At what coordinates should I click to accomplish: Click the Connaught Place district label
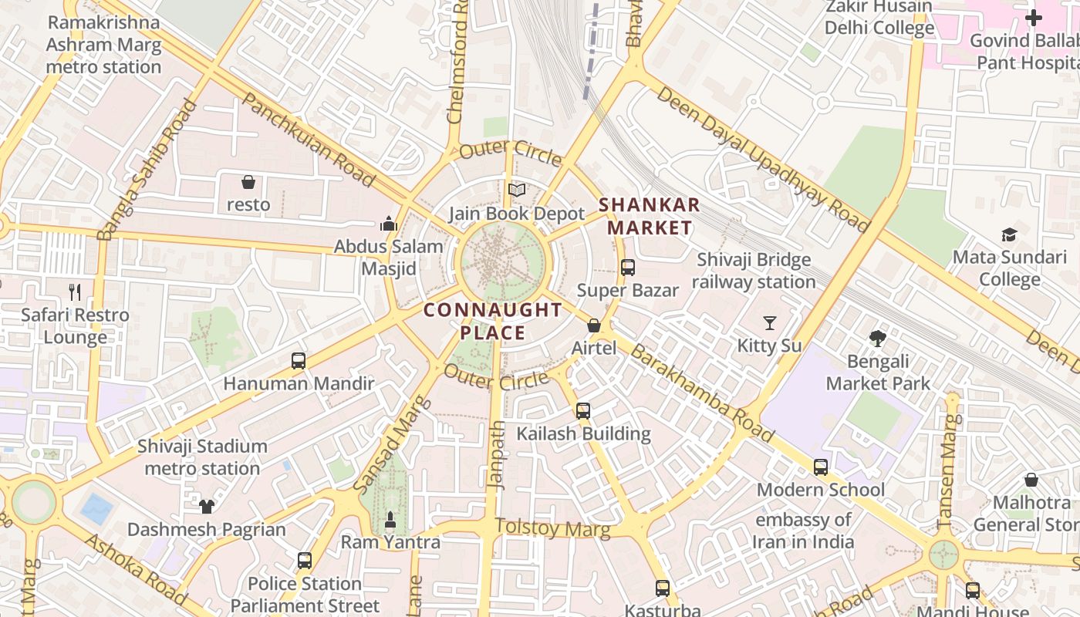(x=493, y=322)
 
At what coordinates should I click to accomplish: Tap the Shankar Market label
(x=649, y=216)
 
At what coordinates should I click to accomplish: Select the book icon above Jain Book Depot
(x=516, y=190)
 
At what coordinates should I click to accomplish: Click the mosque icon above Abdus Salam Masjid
(x=389, y=224)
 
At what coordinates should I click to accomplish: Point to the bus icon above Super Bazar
(x=628, y=268)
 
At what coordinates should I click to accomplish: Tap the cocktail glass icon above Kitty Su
(x=769, y=322)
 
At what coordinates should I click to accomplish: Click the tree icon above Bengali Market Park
(x=877, y=338)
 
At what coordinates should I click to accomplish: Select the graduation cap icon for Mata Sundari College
(x=1008, y=234)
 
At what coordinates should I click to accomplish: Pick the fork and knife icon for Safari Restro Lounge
(x=75, y=292)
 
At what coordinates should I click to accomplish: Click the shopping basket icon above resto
(x=248, y=182)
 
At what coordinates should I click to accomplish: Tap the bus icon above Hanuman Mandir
(x=299, y=360)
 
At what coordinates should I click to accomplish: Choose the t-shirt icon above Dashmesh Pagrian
(x=206, y=506)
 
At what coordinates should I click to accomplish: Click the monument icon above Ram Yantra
(x=390, y=520)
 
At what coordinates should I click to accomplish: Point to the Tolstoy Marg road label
(x=552, y=528)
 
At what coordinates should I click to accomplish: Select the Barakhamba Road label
(x=701, y=393)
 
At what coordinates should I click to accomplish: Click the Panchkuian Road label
(x=309, y=140)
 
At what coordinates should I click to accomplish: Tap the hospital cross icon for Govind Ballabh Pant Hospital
(x=1033, y=18)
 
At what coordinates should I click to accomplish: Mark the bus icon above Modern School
(x=821, y=467)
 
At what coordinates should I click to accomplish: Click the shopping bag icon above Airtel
(x=594, y=325)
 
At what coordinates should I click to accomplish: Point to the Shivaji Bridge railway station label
(x=753, y=271)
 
